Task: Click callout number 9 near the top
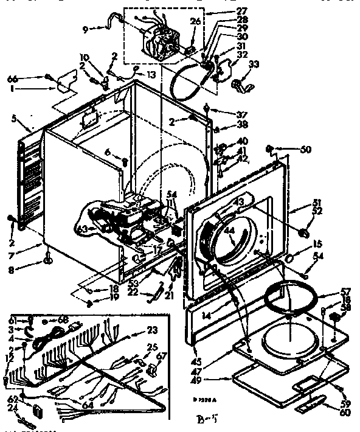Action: [x=85, y=28]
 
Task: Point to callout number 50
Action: [x=305, y=149]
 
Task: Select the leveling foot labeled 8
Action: [x=46, y=263]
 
